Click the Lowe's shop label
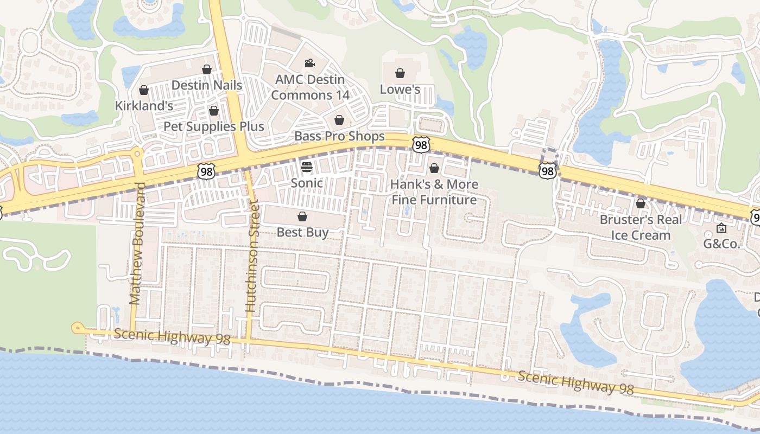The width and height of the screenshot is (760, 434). [400, 89]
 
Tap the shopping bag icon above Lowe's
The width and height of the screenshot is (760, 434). [400, 73]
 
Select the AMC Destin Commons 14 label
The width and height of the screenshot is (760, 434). [310, 87]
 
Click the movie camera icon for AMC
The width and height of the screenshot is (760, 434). [309, 63]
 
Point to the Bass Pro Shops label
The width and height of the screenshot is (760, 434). [339, 136]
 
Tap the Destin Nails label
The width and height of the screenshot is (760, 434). [207, 85]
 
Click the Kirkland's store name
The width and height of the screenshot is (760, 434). [144, 106]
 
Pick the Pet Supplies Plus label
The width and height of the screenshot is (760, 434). [214, 126]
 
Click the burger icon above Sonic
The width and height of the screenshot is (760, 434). [307, 167]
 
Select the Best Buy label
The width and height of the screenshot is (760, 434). [302, 232]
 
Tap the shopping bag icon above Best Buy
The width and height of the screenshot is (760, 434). [302, 217]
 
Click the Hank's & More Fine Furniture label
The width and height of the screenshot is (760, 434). [434, 192]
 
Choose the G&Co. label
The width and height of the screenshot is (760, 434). [722, 244]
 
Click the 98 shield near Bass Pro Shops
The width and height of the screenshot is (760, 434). [421, 144]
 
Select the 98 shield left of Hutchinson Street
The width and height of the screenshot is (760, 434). [206, 171]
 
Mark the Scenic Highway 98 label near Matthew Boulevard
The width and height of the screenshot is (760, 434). [172, 337]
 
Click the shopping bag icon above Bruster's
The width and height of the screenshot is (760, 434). [641, 203]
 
